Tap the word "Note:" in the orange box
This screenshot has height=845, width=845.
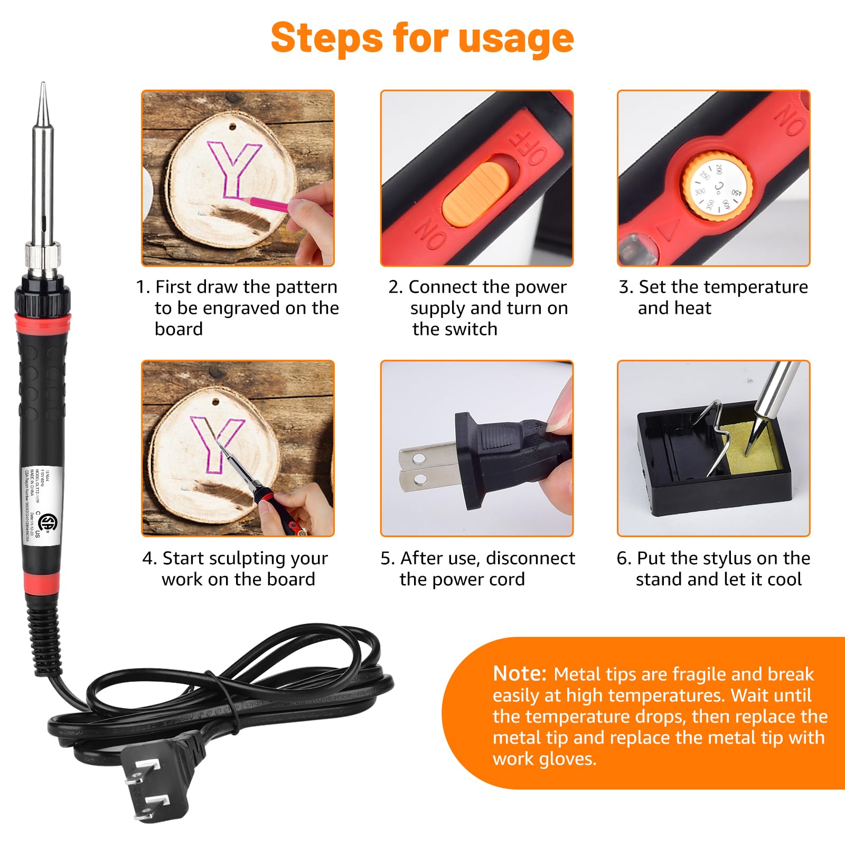[519, 674]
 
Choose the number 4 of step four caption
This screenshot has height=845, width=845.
[148, 559]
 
